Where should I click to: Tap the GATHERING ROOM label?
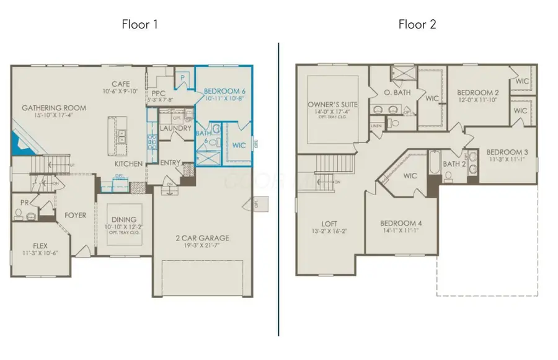click(x=54, y=108)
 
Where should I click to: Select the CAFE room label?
click(x=120, y=84)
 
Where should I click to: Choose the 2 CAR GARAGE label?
click(x=203, y=238)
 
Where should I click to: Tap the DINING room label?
click(x=125, y=219)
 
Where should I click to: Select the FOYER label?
click(x=76, y=215)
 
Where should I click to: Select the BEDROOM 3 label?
click(x=507, y=152)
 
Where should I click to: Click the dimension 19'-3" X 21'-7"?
click(x=203, y=245)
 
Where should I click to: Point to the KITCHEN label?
click(x=129, y=164)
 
